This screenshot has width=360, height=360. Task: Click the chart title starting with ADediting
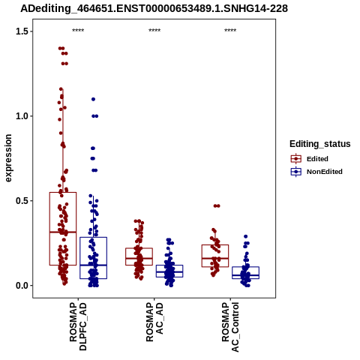pos(154,8)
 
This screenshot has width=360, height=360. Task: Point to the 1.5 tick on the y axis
pos(21,31)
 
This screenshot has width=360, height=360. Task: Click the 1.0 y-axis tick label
pos(21,116)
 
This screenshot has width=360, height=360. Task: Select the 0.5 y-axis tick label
pos(21,201)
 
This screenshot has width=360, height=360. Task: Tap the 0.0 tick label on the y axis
pos(21,286)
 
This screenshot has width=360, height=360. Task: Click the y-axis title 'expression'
pos(8,158)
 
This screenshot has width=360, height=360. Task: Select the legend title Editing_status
pos(320,144)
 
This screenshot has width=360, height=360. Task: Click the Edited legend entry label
pos(317,159)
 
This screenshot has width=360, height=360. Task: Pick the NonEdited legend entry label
pos(325,172)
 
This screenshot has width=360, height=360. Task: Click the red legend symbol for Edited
pos(296,159)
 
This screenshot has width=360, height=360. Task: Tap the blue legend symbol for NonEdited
pos(296,172)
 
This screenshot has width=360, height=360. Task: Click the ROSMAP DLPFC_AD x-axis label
pos(78,326)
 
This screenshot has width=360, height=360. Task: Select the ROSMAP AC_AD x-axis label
pos(154,322)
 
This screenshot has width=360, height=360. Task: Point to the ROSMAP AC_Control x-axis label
pos(230,327)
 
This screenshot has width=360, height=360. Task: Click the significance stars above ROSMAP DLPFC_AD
pos(78,31)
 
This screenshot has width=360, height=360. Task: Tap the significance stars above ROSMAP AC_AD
pos(154,31)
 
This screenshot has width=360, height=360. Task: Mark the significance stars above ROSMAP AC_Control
pos(230,31)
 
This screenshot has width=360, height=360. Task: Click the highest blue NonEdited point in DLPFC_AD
pos(93,99)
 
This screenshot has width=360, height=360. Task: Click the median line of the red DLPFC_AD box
pos(63,232)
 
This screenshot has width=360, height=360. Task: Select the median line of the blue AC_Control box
pos(245,275)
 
